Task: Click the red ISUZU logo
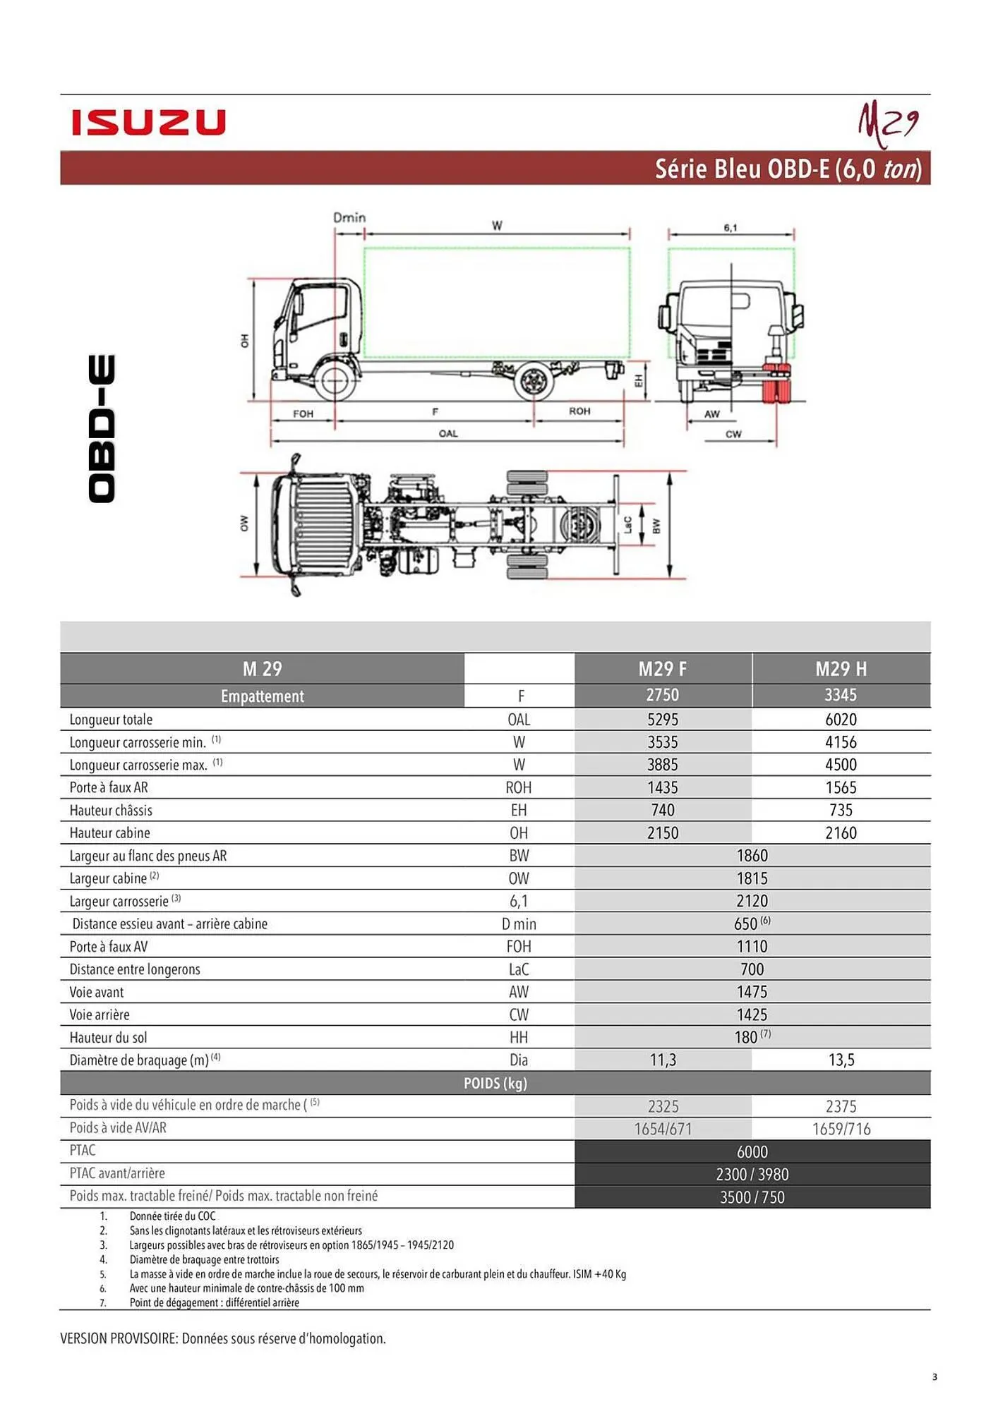148,122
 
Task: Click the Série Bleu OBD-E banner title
788,169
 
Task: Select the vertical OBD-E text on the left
102,429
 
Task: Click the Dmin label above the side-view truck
349,217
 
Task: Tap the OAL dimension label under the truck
448,433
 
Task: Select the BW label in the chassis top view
656,526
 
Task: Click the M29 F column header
662,669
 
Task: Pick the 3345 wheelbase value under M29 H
840,695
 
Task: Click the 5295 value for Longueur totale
662,720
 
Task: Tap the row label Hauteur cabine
109,833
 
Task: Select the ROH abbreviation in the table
518,788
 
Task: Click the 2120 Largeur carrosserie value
752,901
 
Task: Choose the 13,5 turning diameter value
841,1060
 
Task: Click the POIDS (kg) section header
495,1083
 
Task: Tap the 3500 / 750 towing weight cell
752,1197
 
